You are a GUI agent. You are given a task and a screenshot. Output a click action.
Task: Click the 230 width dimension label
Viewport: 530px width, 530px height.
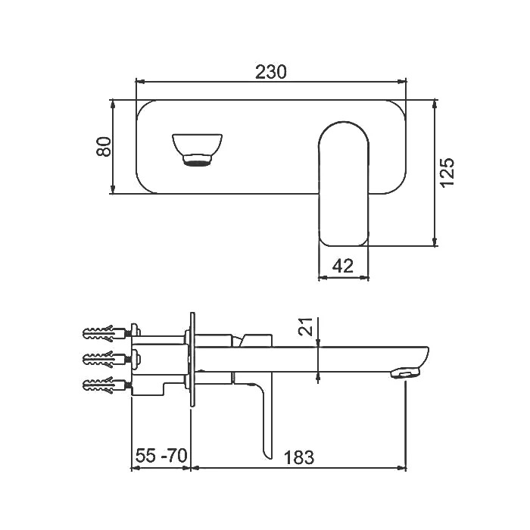pyautogui.click(x=270, y=72)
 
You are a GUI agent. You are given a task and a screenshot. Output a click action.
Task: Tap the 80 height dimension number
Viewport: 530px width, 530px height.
pyautogui.click(x=104, y=146)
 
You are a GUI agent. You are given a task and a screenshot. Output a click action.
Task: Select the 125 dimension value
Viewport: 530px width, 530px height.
pyautogui.click(x=447, y=172)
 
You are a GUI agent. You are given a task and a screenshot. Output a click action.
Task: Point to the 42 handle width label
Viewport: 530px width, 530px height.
pyautogui.click(x=343, y=266)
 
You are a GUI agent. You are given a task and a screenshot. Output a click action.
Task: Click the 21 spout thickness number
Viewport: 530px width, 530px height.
pyautogui.click(x=306, y=326)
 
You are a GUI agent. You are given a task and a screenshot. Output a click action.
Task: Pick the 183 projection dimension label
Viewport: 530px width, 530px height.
pyautogui.click(x=299, y=457)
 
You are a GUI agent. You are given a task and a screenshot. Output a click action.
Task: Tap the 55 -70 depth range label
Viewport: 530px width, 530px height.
pyautogui.click(x=161, y=455)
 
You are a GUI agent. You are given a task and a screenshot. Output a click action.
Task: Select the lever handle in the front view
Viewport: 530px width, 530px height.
pyautogui.click(x=344, y=184)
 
